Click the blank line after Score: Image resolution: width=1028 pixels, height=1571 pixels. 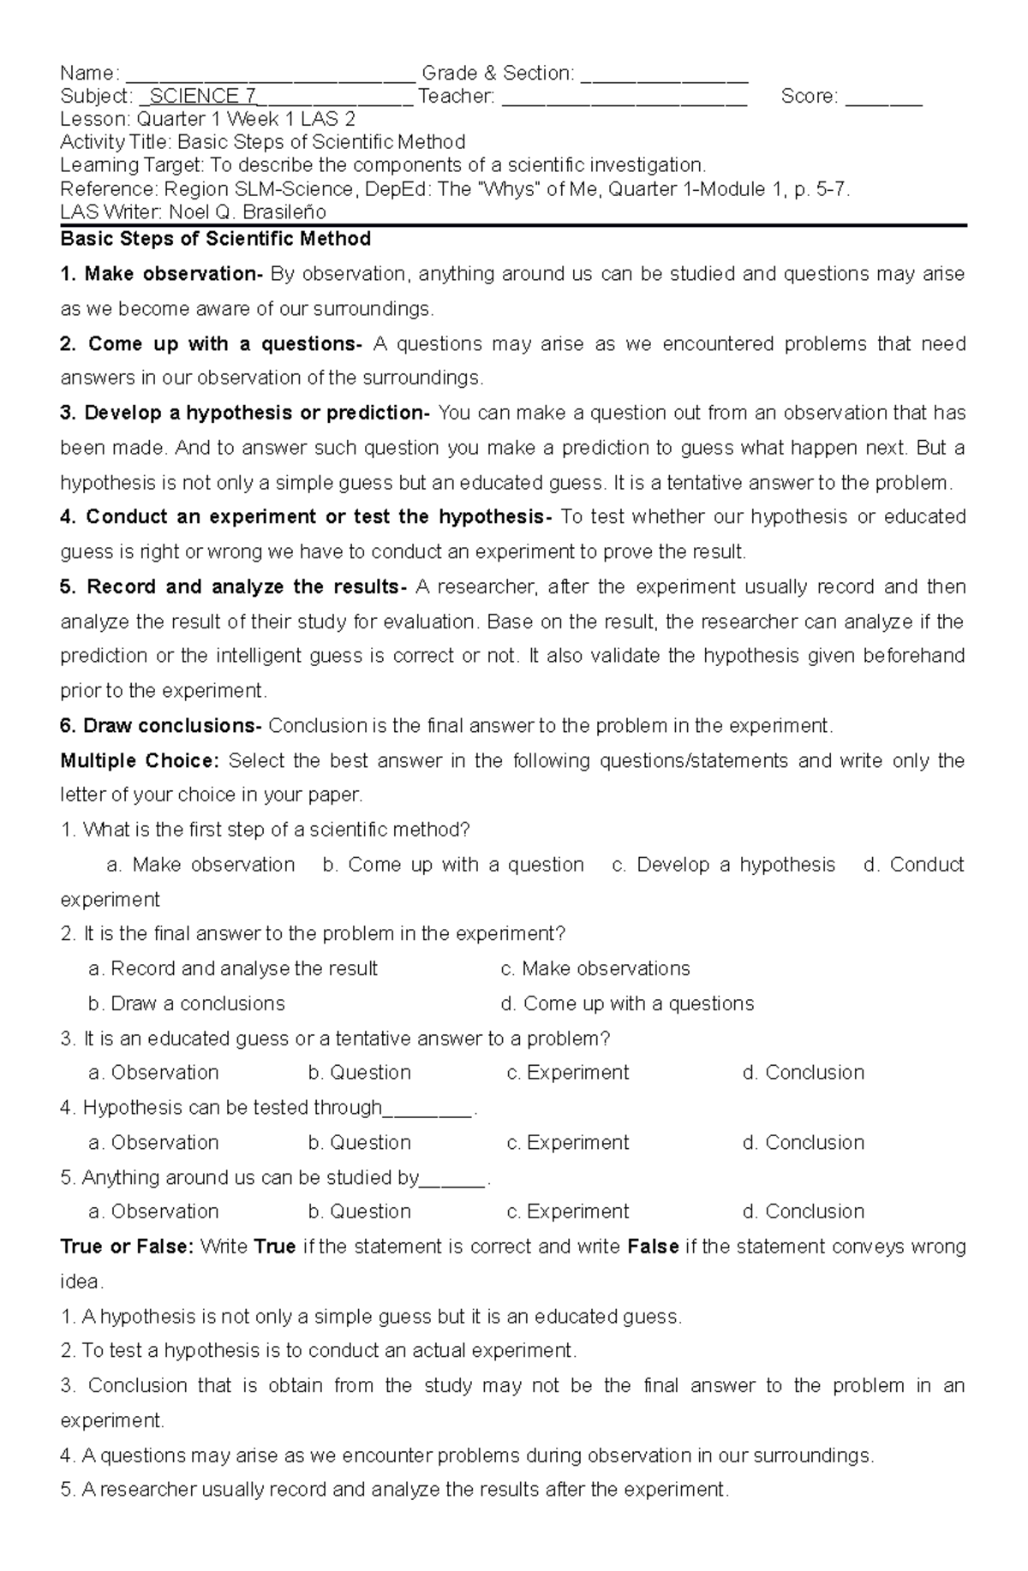(883, 98)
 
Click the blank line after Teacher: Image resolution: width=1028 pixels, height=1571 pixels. (625, 98)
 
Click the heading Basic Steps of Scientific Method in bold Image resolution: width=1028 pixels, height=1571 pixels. (215, 239)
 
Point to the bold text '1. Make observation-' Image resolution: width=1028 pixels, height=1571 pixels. (161, 274)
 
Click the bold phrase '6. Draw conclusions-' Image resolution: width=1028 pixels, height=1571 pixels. (161, 726)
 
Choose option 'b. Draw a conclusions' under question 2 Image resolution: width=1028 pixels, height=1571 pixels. (186, 1003)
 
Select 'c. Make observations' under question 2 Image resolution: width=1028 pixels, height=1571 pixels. (595, 968)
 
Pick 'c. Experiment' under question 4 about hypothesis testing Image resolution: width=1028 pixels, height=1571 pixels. (567, 1142)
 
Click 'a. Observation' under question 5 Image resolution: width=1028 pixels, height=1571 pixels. (153, 1211)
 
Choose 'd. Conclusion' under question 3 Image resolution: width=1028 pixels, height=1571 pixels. (803, 1073)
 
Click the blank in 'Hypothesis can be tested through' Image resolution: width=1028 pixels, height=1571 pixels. (427, 1110)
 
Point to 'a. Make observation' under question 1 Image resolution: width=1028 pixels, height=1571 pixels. (200, 865)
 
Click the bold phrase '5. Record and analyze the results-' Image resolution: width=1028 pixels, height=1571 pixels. (233, 587)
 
